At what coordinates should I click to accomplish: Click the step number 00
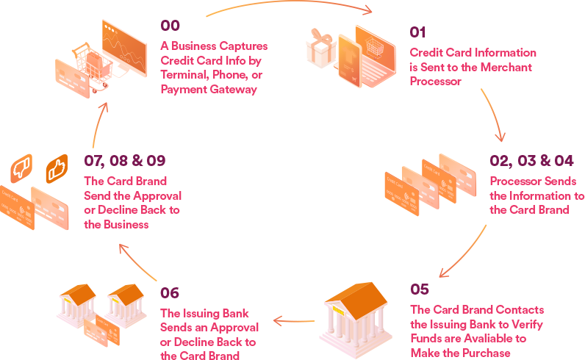(x=170, y=26)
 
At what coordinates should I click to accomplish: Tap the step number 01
(x=417, y=32)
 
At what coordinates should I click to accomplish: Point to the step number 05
(x=420, y=289)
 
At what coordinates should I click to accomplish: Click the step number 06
(x=169, y=293)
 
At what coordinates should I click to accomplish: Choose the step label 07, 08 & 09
(x=125, y=160)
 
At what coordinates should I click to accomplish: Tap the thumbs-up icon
(x=56, y=170)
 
